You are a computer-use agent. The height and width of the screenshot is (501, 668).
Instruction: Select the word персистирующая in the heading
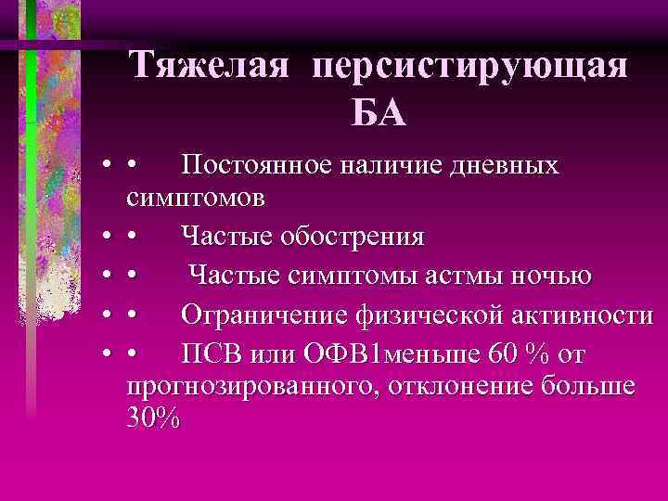pyautogui.click(x=470, y=67)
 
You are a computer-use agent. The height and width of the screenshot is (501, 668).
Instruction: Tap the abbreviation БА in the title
pyautogui.click(x=378, y=114)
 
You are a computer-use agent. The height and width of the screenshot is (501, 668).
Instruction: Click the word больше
pyautogui.click(x=592, y=386)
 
